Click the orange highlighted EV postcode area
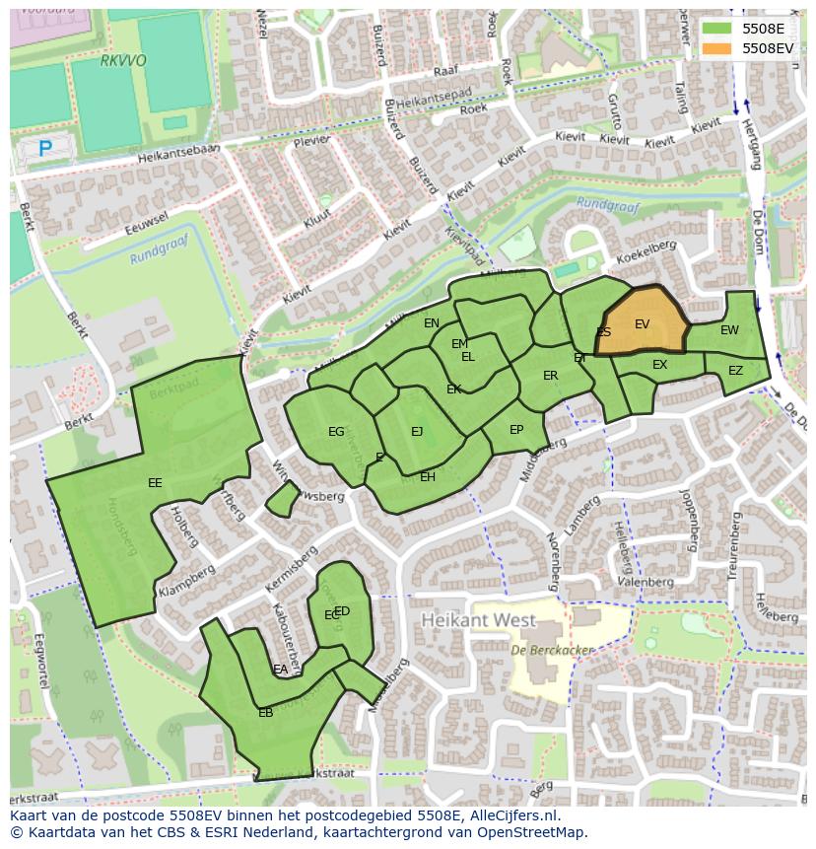[x=643, y=323]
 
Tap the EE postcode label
[x=155, y=483]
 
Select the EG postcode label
[x=336, y=432]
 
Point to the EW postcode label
[x=729, y=330]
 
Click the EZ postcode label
[x=735, y=371]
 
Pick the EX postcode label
[x=659, y=365]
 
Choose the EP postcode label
[x=516, y=430]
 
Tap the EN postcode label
[x=432, y=323]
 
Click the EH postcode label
[x=428, y=477]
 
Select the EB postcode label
[x=265, y=713]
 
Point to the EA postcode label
[x=281, y=670]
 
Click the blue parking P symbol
[x=44, y=149]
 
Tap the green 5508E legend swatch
[x=717, y=29]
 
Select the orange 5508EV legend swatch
[x=717, y=47]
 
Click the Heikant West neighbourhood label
[x=478, y=621]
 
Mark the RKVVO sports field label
[x=123, y=60]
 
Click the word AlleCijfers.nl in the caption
[x=511, y=815]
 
